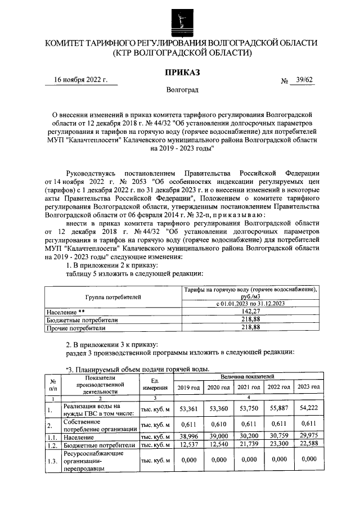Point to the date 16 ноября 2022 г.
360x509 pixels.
pos(80,80)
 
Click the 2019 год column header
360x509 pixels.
pos(188,388)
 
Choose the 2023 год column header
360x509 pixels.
pos(308,388)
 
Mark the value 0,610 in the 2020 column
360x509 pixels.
pos(218,424)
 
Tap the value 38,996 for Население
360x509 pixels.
pos(188,437)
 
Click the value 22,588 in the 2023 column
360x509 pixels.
pos(308,445)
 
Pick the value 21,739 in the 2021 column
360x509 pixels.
pos(248,445)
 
